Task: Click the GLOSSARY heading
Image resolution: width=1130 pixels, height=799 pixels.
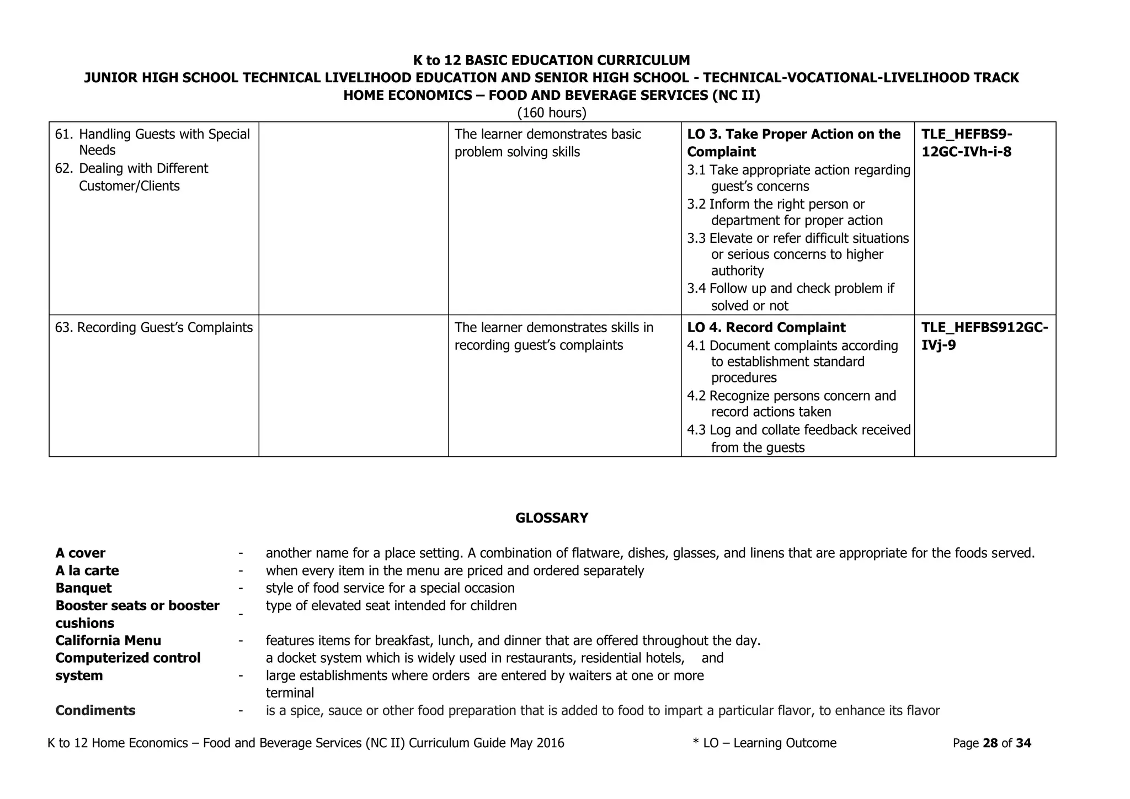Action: coord(551,518)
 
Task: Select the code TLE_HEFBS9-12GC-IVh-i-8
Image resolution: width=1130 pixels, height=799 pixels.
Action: coord(967,143)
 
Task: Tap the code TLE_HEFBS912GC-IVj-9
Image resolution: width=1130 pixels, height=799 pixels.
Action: coord(984,336)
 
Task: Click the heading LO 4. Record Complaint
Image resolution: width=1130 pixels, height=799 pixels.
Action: coord(766,328)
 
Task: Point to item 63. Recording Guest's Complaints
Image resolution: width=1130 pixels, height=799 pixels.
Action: coord(154,328)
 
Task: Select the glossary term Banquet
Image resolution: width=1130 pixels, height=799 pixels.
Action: coord(83,588)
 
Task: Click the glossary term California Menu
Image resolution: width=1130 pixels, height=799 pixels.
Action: coord(108,641)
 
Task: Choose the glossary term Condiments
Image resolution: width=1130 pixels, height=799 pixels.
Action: coord(95,711)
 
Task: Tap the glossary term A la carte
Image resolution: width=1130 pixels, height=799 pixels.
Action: coord(87,571)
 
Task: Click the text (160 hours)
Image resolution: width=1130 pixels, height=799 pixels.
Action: coord(551,113)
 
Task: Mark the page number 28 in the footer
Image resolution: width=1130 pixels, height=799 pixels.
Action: coord(990,743)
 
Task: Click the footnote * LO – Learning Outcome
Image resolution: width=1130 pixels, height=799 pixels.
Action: coord(764,743)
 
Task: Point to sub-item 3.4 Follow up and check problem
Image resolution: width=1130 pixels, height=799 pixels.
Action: coord(790,297)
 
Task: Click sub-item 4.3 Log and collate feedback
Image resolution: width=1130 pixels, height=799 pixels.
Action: coord(798,438)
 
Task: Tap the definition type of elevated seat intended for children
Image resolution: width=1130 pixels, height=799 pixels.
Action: coord(391,606)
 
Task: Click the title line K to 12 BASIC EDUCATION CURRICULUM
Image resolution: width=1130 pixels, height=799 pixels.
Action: coord(551,60)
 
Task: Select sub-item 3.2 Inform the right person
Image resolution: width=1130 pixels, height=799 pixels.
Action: coord(785,212)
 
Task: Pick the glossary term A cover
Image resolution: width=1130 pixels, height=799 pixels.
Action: coord(80,553)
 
